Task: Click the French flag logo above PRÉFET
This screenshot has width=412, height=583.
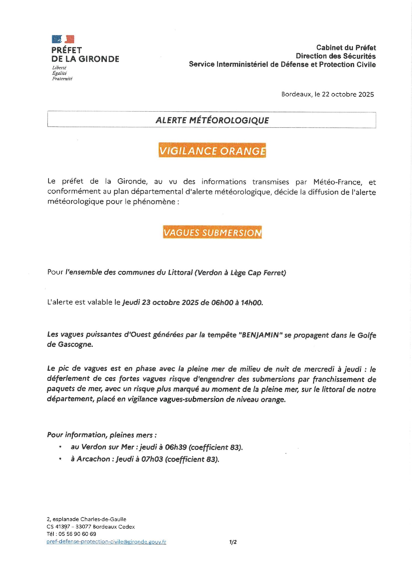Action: coord(63,39)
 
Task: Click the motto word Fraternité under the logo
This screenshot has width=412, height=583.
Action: coord(62,79)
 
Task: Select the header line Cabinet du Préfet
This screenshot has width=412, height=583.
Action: coord(346,48)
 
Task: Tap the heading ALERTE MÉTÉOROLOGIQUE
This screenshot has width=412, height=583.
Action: coord(212,120)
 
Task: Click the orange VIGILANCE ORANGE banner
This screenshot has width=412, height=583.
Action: coord(212,151)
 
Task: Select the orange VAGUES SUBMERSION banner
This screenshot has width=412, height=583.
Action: coord(212,232)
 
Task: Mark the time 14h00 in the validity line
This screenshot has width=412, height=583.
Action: coord(252,303)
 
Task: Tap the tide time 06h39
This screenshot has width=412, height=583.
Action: coord(176,447)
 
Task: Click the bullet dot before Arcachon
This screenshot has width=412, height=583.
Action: coord(60,459)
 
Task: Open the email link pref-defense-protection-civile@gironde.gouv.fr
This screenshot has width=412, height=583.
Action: coord(106,542)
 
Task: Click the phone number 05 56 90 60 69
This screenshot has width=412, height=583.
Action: coord(77,534)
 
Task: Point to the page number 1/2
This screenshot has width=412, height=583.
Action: coord(233,542)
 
